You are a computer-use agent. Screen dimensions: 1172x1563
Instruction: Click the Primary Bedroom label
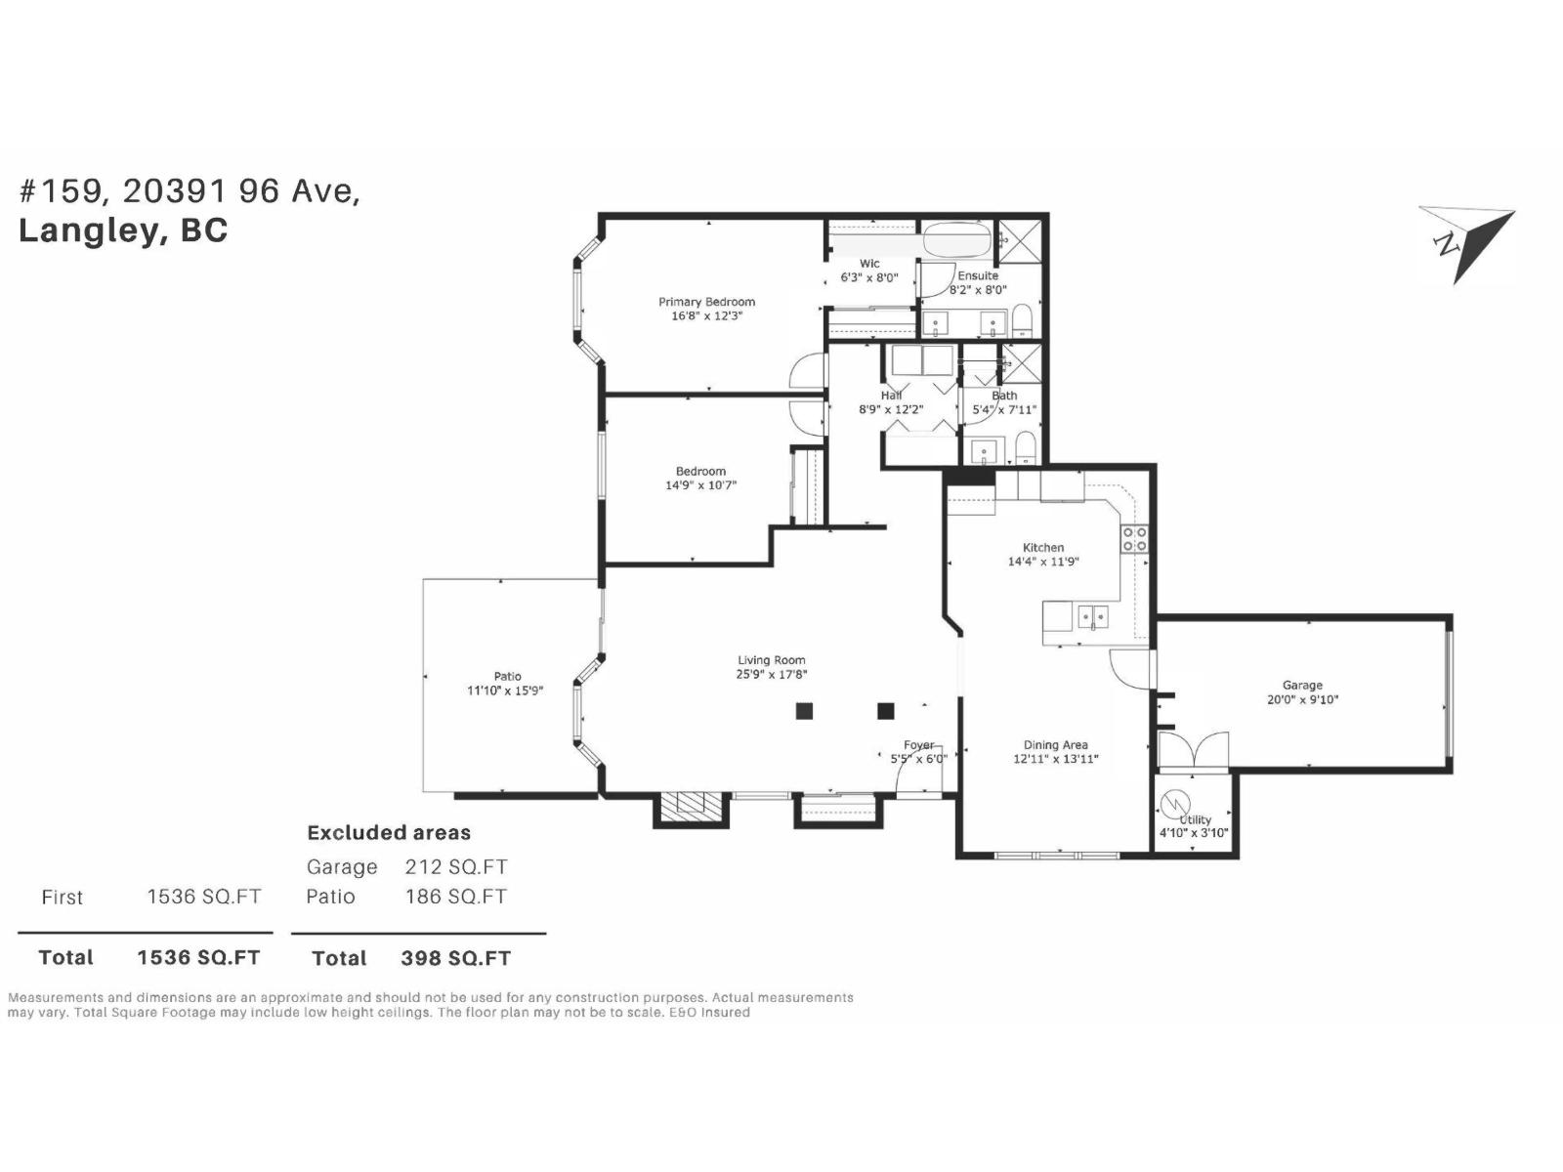tap(706, 302)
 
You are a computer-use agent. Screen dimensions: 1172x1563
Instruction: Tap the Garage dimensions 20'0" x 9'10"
tap(1302, 699)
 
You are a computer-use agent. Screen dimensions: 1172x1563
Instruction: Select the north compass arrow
tap(1466, 244)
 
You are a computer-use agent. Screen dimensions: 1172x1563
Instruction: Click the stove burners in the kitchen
tap(1134, 539)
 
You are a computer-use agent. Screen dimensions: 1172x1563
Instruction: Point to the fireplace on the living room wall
tap(691, 806)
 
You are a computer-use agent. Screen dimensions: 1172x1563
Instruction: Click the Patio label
tap(507, 676)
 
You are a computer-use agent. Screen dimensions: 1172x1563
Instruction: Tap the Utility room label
tap(1196, 819)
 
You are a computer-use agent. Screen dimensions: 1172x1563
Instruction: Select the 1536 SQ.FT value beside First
tap(203, 897)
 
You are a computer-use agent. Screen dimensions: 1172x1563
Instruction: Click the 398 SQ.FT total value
tap(455, 958)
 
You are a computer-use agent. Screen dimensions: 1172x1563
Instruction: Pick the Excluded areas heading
tap(389, 833)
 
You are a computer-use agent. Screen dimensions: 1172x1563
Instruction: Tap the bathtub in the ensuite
tap(957, 238)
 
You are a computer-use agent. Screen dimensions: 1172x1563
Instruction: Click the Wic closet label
tap(869, 264)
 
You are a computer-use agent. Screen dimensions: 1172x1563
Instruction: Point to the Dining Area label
tap(1055, 745)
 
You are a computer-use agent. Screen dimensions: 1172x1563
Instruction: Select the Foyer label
tap(918, 745)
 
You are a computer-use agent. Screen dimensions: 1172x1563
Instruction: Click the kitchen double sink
tap(1092, 617)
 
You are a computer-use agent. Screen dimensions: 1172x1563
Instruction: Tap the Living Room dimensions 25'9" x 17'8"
tap(772, 674)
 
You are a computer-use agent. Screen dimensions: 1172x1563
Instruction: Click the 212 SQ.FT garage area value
tap(455, 867)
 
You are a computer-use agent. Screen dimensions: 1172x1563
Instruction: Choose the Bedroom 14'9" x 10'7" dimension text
tap(700, 484)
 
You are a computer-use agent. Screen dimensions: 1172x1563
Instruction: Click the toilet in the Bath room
tap(1025, 450)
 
